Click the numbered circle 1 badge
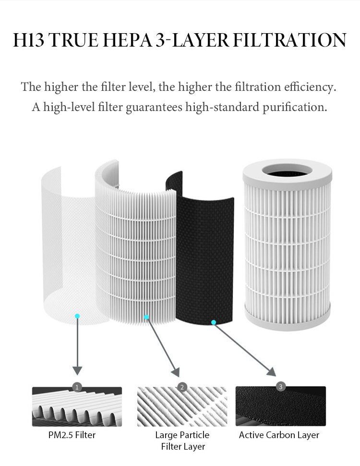click(77, 387)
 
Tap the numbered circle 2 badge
click(181, 387)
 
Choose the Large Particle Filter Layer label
click(182, 441)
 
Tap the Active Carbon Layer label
click(279, 435)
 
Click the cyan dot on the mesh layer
click(77, 316)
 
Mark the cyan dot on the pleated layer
click(147, 317)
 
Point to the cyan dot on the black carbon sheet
click(214, 322)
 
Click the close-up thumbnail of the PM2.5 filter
click(77, 407)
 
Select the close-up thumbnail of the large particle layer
click(182, 407)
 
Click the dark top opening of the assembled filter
click(286, 170)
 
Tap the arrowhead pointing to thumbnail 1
click(77, 370)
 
